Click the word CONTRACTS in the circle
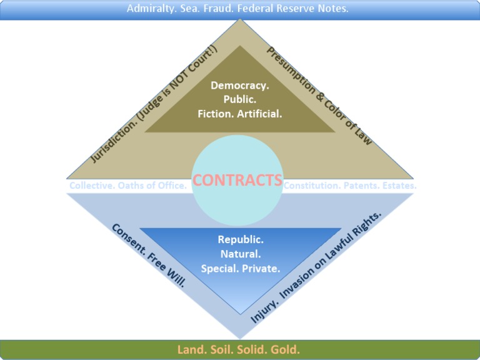point(237,180)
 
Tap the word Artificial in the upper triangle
point(259,114)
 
